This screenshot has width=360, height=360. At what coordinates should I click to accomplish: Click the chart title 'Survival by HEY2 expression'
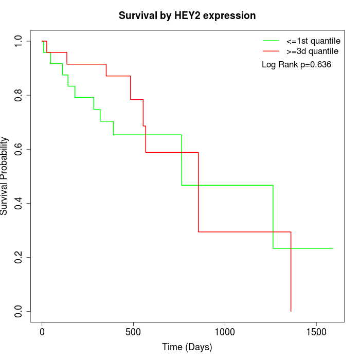[187, 16]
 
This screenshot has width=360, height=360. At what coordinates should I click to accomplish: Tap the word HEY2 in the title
[188, 16]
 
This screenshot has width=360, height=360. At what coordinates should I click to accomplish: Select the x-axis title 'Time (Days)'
[187, 348]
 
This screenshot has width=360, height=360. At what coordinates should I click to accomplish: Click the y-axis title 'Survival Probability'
[5, 176]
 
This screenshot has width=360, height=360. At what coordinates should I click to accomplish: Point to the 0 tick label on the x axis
[42, 332]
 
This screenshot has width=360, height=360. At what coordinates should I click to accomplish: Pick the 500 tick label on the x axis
[133, 332]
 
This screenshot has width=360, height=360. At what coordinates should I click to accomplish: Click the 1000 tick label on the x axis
[225, 332]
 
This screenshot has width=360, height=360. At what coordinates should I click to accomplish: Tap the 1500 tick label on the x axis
[316, 332]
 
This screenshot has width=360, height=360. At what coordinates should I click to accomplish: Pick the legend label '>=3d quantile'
[312, 51]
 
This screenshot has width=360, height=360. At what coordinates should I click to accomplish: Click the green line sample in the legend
[271, 41]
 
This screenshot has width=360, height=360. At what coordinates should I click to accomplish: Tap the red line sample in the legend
[271, 51]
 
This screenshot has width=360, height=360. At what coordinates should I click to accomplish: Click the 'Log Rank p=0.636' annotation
[296, 65]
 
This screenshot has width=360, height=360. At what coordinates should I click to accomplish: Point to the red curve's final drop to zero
[291, 273]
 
